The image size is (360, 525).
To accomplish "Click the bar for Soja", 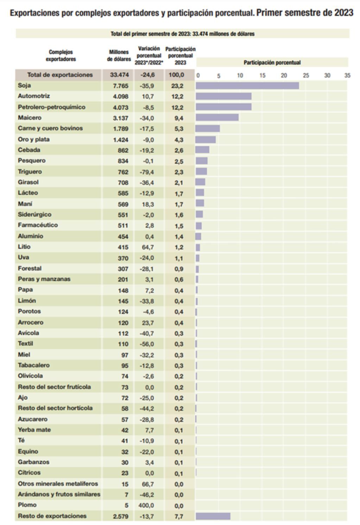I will coord(247,86).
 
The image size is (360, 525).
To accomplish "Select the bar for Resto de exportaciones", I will coord(213,516).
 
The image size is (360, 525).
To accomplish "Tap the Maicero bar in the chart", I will coord(217,118).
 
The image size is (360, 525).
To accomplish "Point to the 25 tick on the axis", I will coord(306,75).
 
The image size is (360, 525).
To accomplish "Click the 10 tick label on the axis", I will coord(240,75).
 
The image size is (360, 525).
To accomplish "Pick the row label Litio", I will coord(24,247).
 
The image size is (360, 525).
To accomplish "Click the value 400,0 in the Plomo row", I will coord(148,506).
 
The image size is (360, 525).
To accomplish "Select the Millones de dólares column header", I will coord(119,56).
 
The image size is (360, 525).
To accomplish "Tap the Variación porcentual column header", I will coord(149,56).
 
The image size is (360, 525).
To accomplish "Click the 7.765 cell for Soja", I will coord(121,86).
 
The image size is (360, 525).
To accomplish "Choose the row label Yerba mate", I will coord(34,430).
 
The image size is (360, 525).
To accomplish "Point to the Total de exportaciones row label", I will coord(60,75).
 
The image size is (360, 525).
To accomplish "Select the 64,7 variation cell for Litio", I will coord(148,247).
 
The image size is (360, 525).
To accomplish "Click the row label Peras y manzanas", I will coord(44,279).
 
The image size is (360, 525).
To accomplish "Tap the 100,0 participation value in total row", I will coord(179,75).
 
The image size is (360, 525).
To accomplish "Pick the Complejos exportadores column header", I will coord(61,56).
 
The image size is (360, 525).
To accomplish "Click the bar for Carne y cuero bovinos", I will coord(208,128).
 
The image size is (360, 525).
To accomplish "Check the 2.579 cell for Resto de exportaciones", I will coord(121,517).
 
